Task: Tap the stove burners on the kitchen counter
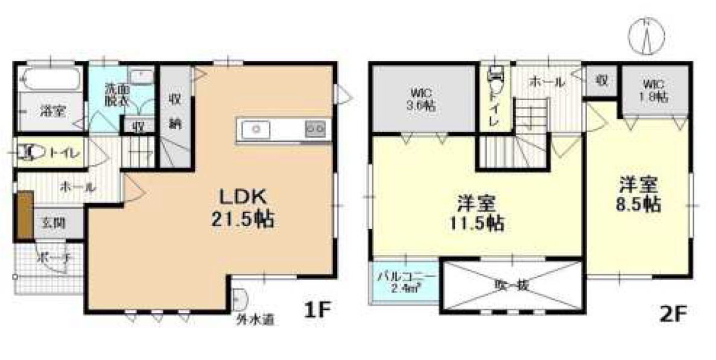(316, 128)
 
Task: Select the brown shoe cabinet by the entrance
(24, 214)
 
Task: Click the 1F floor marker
(317, 311)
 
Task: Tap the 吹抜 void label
(512, 285)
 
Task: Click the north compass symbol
(646, 36)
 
